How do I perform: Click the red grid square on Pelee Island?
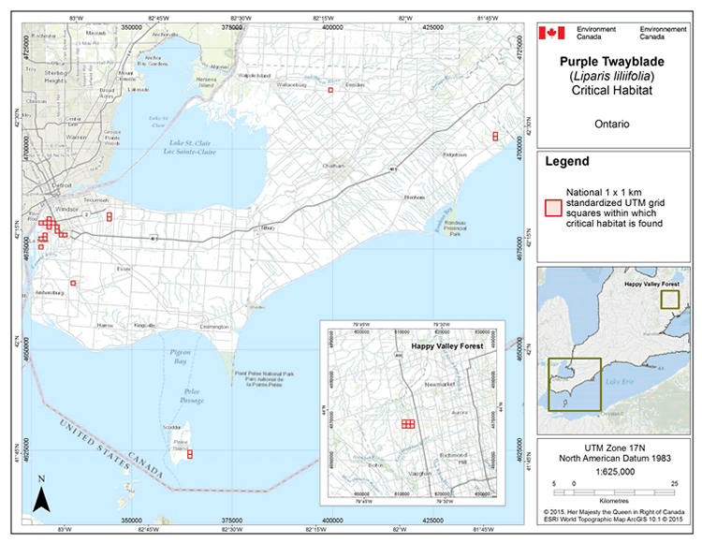click(190, 455)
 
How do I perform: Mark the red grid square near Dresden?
click(330, 91)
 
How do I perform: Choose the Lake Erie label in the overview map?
click(630, 383)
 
